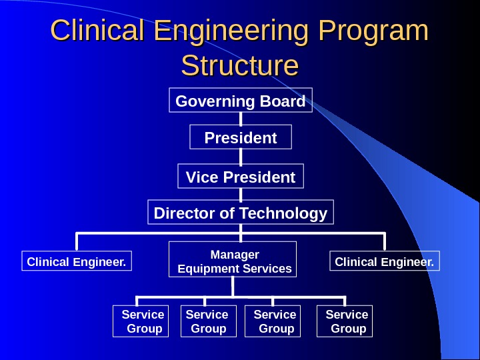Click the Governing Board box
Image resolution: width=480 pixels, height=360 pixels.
tap(241, 101)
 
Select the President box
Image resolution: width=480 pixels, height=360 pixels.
tap(241, 138)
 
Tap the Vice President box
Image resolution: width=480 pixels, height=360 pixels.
tap(241, 177)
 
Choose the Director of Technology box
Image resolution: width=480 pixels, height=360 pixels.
tap(241, 213)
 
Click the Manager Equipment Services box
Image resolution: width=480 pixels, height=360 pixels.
tap(233, 261)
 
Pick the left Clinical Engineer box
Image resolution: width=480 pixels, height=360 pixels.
tap(77, 262)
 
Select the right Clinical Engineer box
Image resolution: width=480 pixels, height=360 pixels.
tap(385, 262)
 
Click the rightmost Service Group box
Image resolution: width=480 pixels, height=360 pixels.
tap(345, 321)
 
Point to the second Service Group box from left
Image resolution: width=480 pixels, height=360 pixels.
tap(208, 321)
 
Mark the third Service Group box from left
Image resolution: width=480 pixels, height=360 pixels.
tap(273, 321)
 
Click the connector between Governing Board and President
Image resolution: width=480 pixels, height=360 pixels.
tap(241, 118)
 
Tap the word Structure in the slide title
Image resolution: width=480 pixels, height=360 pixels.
tap(240, 66)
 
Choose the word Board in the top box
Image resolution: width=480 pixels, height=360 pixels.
tap(283, 101)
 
